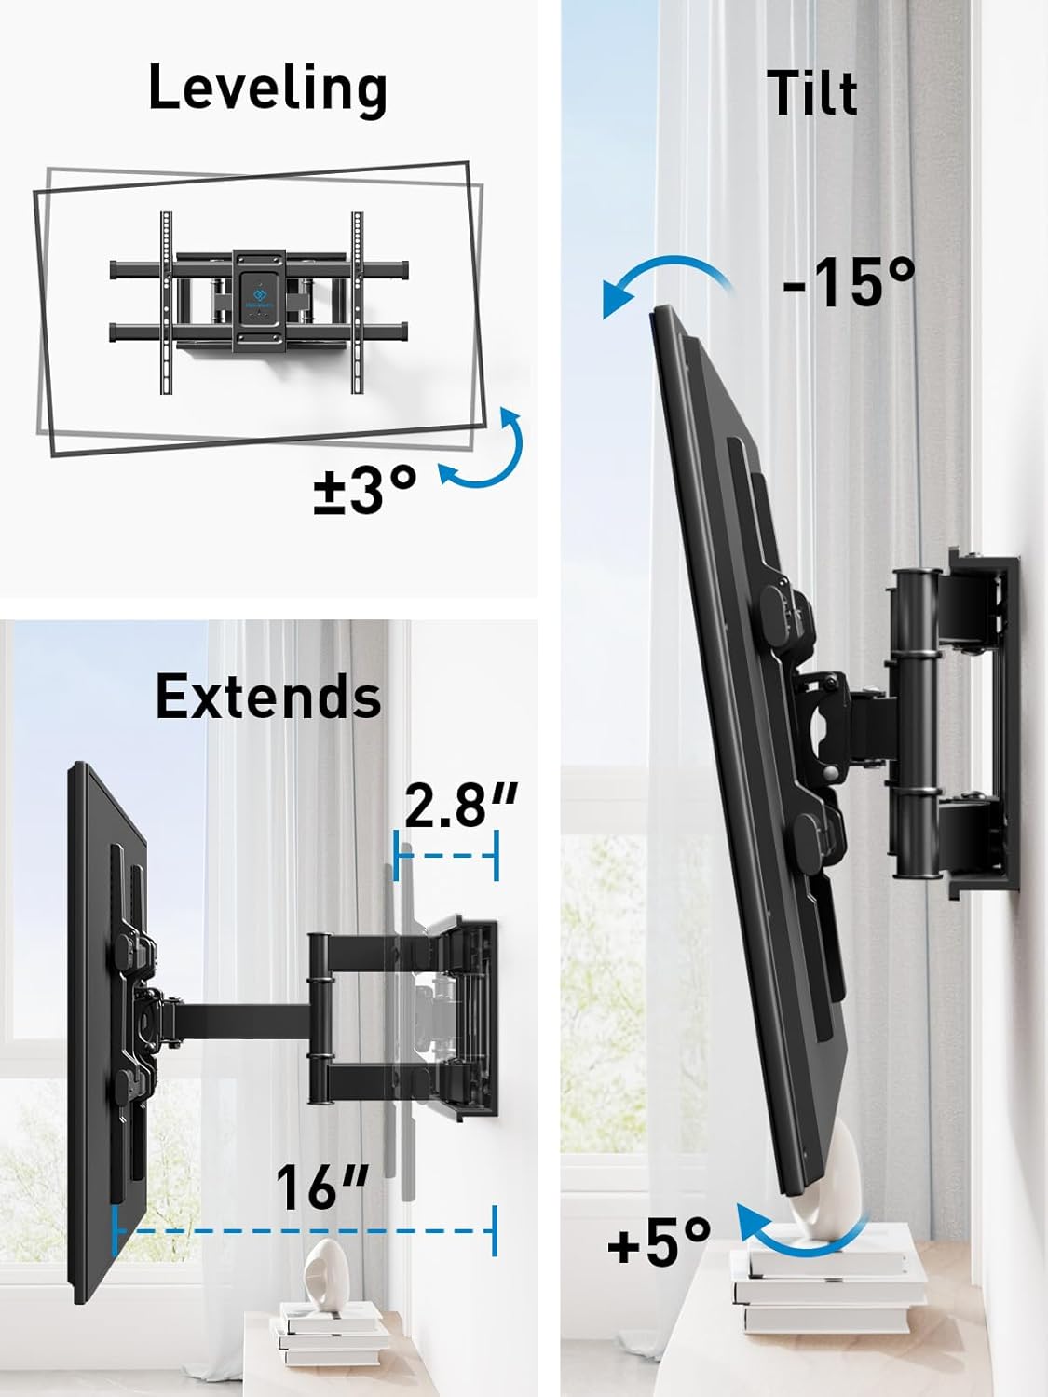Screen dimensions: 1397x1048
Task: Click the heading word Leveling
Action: [x=267, y=89]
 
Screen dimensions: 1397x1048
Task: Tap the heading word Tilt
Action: [x=811, y=93]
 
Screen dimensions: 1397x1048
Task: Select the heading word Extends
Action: [x=268, y=697]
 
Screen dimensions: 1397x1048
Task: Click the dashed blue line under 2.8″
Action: [x=447, y=857]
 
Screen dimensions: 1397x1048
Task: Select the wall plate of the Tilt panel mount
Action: [x=987, y=726]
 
